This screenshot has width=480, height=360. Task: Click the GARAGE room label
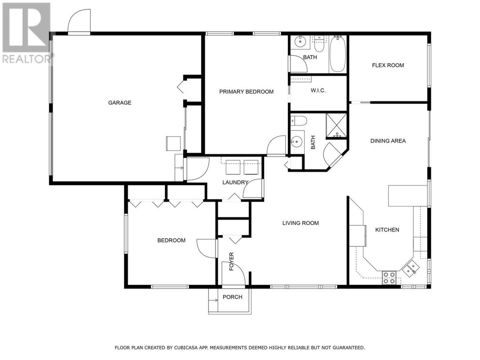click(x=120, y=102)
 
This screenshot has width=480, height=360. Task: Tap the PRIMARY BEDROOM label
click(x=246, y=91)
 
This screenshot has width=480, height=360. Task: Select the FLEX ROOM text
click(x=388, y=65)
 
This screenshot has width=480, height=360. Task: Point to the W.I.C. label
click(x=318, y=90)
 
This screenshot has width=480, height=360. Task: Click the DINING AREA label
click(x=388, y=141)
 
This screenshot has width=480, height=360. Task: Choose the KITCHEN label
click(x=387, y=230)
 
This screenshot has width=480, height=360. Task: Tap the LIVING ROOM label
click(x=300, y=223)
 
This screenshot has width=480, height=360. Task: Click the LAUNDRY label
click(x=235, y=182)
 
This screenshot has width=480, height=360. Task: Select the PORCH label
click(x=232, y=297)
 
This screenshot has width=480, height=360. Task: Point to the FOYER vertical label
click(x=231, y=261)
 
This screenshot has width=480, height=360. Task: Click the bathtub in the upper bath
click(x=337, y=54)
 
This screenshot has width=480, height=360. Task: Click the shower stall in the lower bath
click(x=336, y=126)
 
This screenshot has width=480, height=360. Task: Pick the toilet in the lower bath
click(x=299, y=121)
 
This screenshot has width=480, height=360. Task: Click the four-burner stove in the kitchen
click(x=389, y=277)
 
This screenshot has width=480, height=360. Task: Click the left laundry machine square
click(x=232, y=167)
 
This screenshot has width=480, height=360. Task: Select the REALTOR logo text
click(x=27, y=59)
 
